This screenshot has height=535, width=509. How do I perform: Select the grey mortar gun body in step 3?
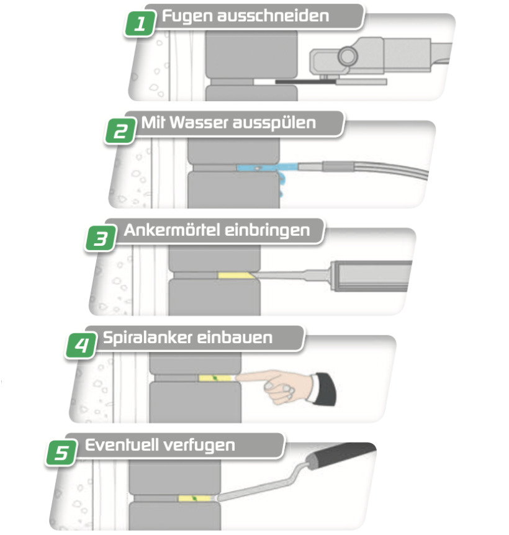coord(371,273)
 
